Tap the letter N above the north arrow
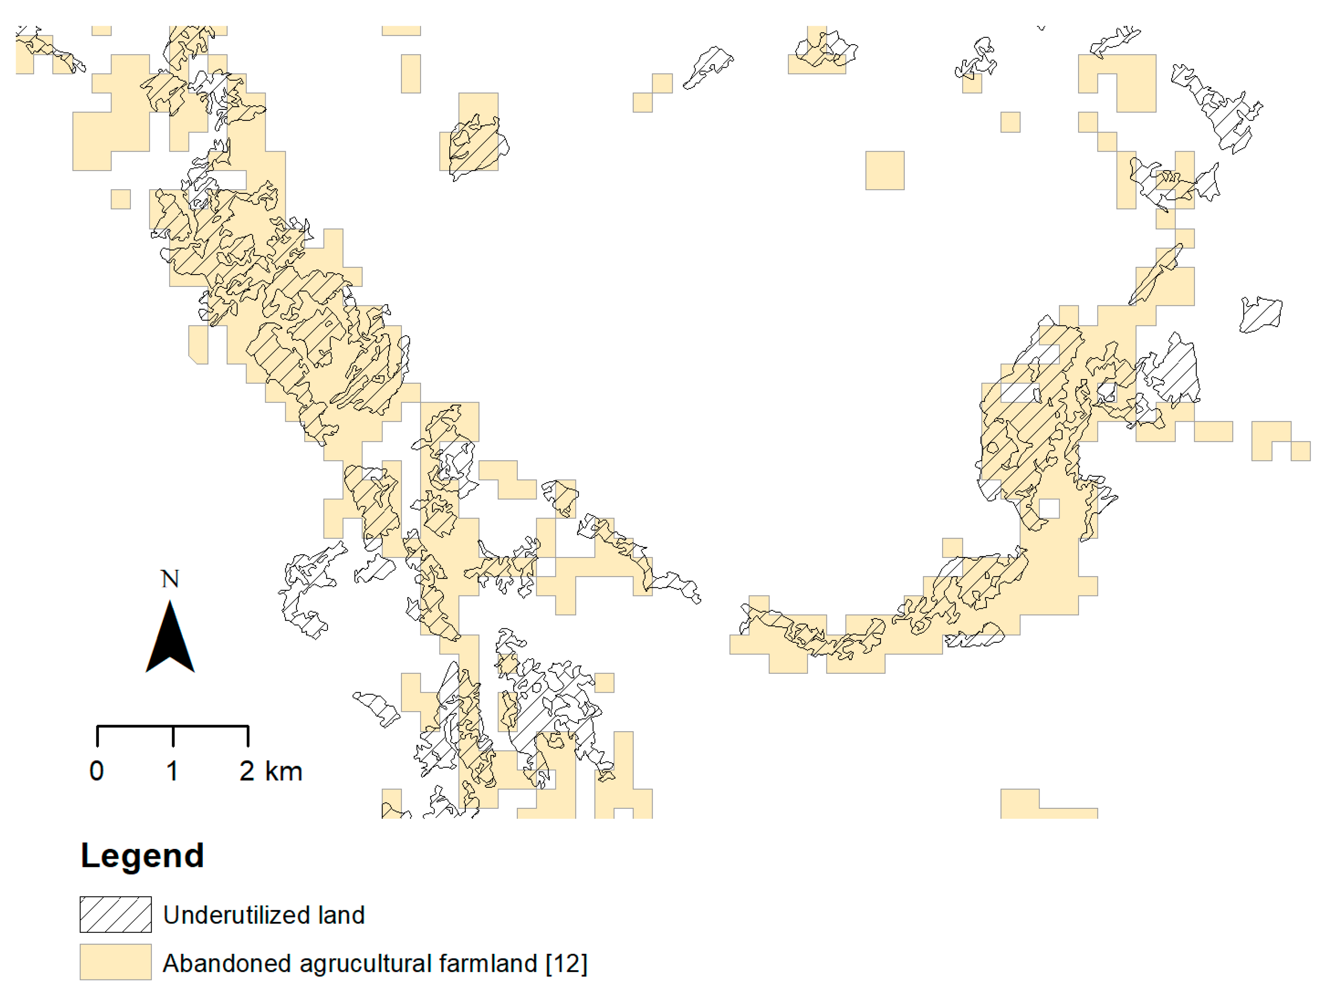pos(170,579)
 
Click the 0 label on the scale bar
pos(97,771)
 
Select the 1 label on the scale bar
pos(172,771)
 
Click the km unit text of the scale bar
pos(283,771)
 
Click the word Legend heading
pos(142,856)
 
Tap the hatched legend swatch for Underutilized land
pos(116,914)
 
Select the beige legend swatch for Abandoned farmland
pos(116,962)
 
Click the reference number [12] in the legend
pos(566,964)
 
